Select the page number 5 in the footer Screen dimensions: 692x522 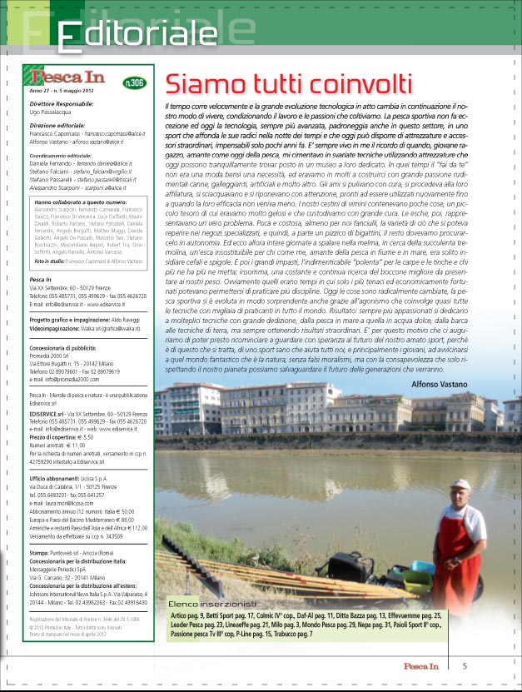coord(465,665)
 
